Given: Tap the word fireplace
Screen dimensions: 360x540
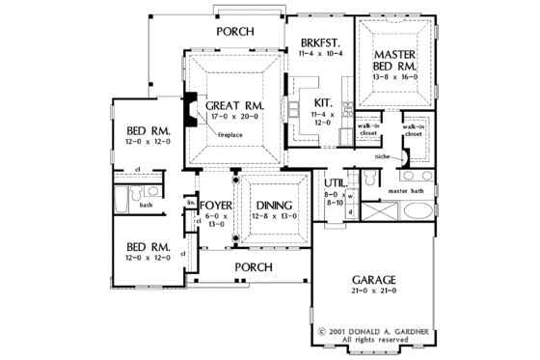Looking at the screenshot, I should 229,135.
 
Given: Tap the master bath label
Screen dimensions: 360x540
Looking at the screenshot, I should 407,191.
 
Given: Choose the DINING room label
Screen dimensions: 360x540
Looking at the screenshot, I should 274,205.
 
